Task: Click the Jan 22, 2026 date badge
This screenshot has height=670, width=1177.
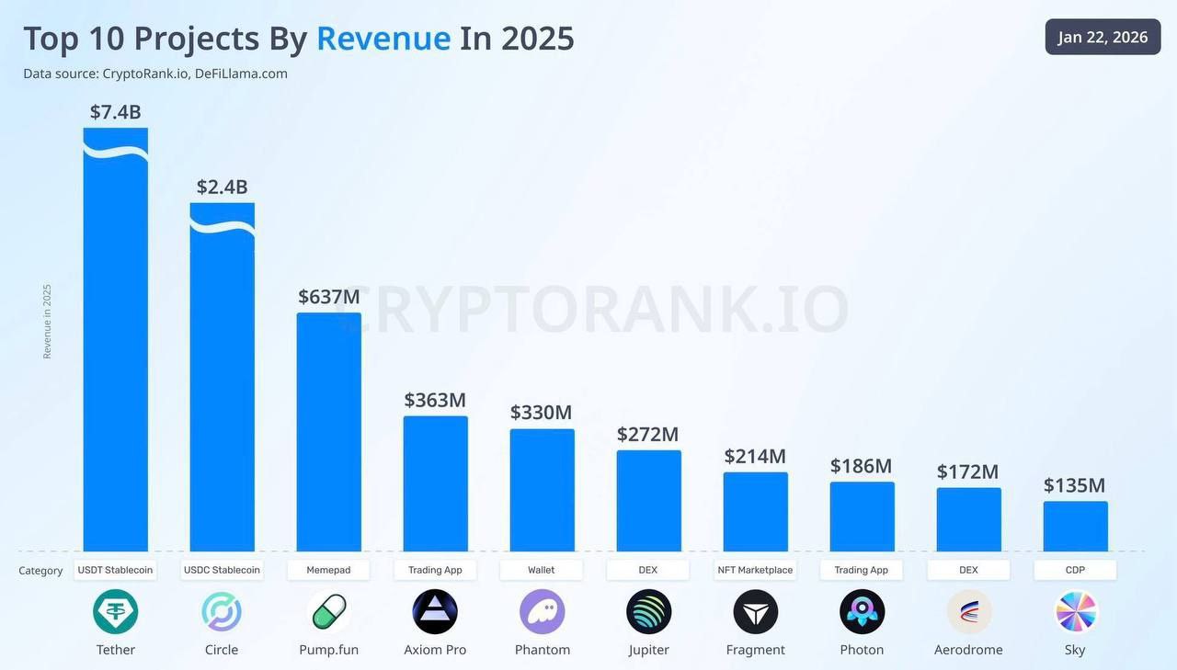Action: (x=1103, y=37)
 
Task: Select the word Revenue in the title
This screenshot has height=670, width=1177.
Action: (x=383, y=39)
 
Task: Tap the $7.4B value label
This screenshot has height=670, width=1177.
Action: (x=115, y=112)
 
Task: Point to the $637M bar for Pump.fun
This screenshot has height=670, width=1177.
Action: (x=328, y=432)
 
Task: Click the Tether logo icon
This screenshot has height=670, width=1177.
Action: (x=116, y=612)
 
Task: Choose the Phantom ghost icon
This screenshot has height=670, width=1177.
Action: (x=542, y=612)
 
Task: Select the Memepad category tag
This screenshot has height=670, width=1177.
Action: (x=328, y=570)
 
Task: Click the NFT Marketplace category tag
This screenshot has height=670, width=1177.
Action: (x=755, y=570)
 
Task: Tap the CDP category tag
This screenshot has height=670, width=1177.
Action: (x=1075, y=570)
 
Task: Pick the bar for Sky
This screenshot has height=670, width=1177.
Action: (x=1075, y=527)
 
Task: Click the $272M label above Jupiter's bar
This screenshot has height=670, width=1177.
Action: (x=647, y=434)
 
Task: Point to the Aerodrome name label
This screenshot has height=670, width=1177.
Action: (x=968, y=650)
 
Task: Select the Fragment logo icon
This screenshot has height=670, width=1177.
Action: (x=755, y=612)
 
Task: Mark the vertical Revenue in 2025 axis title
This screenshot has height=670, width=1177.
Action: (x=47, y=321)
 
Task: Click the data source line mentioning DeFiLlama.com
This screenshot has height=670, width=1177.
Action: (x=155, y=74)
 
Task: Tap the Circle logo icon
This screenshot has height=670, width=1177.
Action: (x=222, y=612)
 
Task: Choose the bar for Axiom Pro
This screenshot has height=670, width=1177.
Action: (x=435, y=483)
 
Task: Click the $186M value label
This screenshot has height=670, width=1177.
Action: (x=861, y=466)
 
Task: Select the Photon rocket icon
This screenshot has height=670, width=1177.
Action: (x=862, y=612)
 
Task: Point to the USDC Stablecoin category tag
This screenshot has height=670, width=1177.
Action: (x=222, y=570)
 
